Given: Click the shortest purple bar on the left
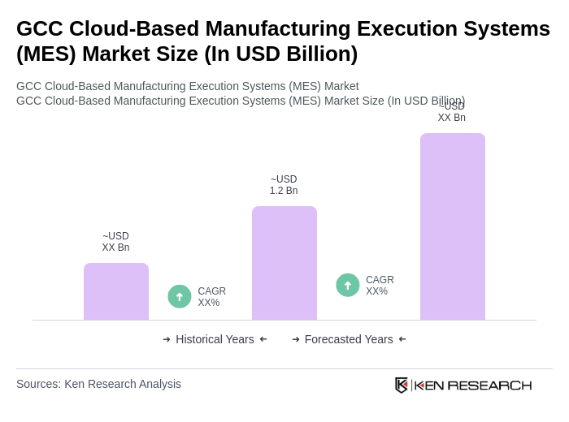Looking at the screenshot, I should (x=116, y=291).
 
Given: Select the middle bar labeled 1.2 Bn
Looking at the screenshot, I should (x=284, y=263).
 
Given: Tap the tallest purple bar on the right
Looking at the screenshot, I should (x=453, y=226).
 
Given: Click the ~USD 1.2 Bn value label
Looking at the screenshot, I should (x=284, y=185).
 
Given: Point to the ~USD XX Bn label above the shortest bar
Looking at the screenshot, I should (x=115, y=242).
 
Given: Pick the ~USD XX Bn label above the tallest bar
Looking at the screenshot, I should (x=452, y=113).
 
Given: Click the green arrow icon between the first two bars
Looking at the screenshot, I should (x=180, y=296).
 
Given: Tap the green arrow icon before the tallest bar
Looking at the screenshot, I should (x=348, y=285).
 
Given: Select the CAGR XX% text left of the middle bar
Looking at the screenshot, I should (x=211, y=297).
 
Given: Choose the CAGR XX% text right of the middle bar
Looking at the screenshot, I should (x=380, y=286).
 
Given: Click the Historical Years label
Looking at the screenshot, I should (x=215, y=339).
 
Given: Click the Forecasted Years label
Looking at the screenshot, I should (x=349, y=339).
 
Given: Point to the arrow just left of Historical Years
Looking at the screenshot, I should (x=167, y=339).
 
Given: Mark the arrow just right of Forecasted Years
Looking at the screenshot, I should (x=402, y=339).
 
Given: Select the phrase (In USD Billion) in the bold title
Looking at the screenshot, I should (x=280, y=54).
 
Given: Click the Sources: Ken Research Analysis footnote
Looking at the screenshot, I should (x=98, y=384).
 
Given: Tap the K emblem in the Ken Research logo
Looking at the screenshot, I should (x=402, y=385).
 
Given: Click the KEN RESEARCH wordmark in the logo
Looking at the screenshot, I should (x=473, y=385).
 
